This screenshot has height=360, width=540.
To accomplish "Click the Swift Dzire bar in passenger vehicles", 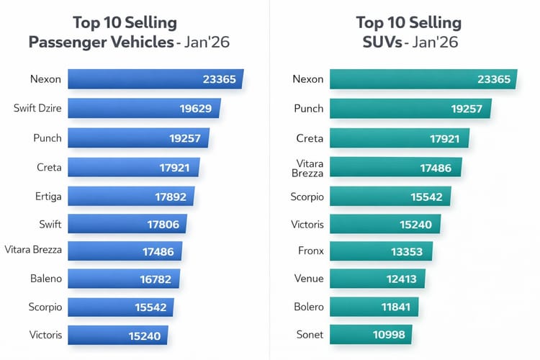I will coord(144,109).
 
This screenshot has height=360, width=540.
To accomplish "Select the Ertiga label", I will coord(47,196).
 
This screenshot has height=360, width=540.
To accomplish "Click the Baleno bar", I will coord(124,279).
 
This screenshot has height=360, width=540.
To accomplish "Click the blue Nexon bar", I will coord(155,79).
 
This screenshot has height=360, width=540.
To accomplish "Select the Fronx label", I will coord(310,251).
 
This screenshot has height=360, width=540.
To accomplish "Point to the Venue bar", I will coord(377,279).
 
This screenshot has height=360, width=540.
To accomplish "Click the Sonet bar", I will coord(371,335).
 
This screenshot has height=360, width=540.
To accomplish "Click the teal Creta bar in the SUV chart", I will coord(400,138).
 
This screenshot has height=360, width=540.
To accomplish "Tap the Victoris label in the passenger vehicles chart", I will coord(47,335).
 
